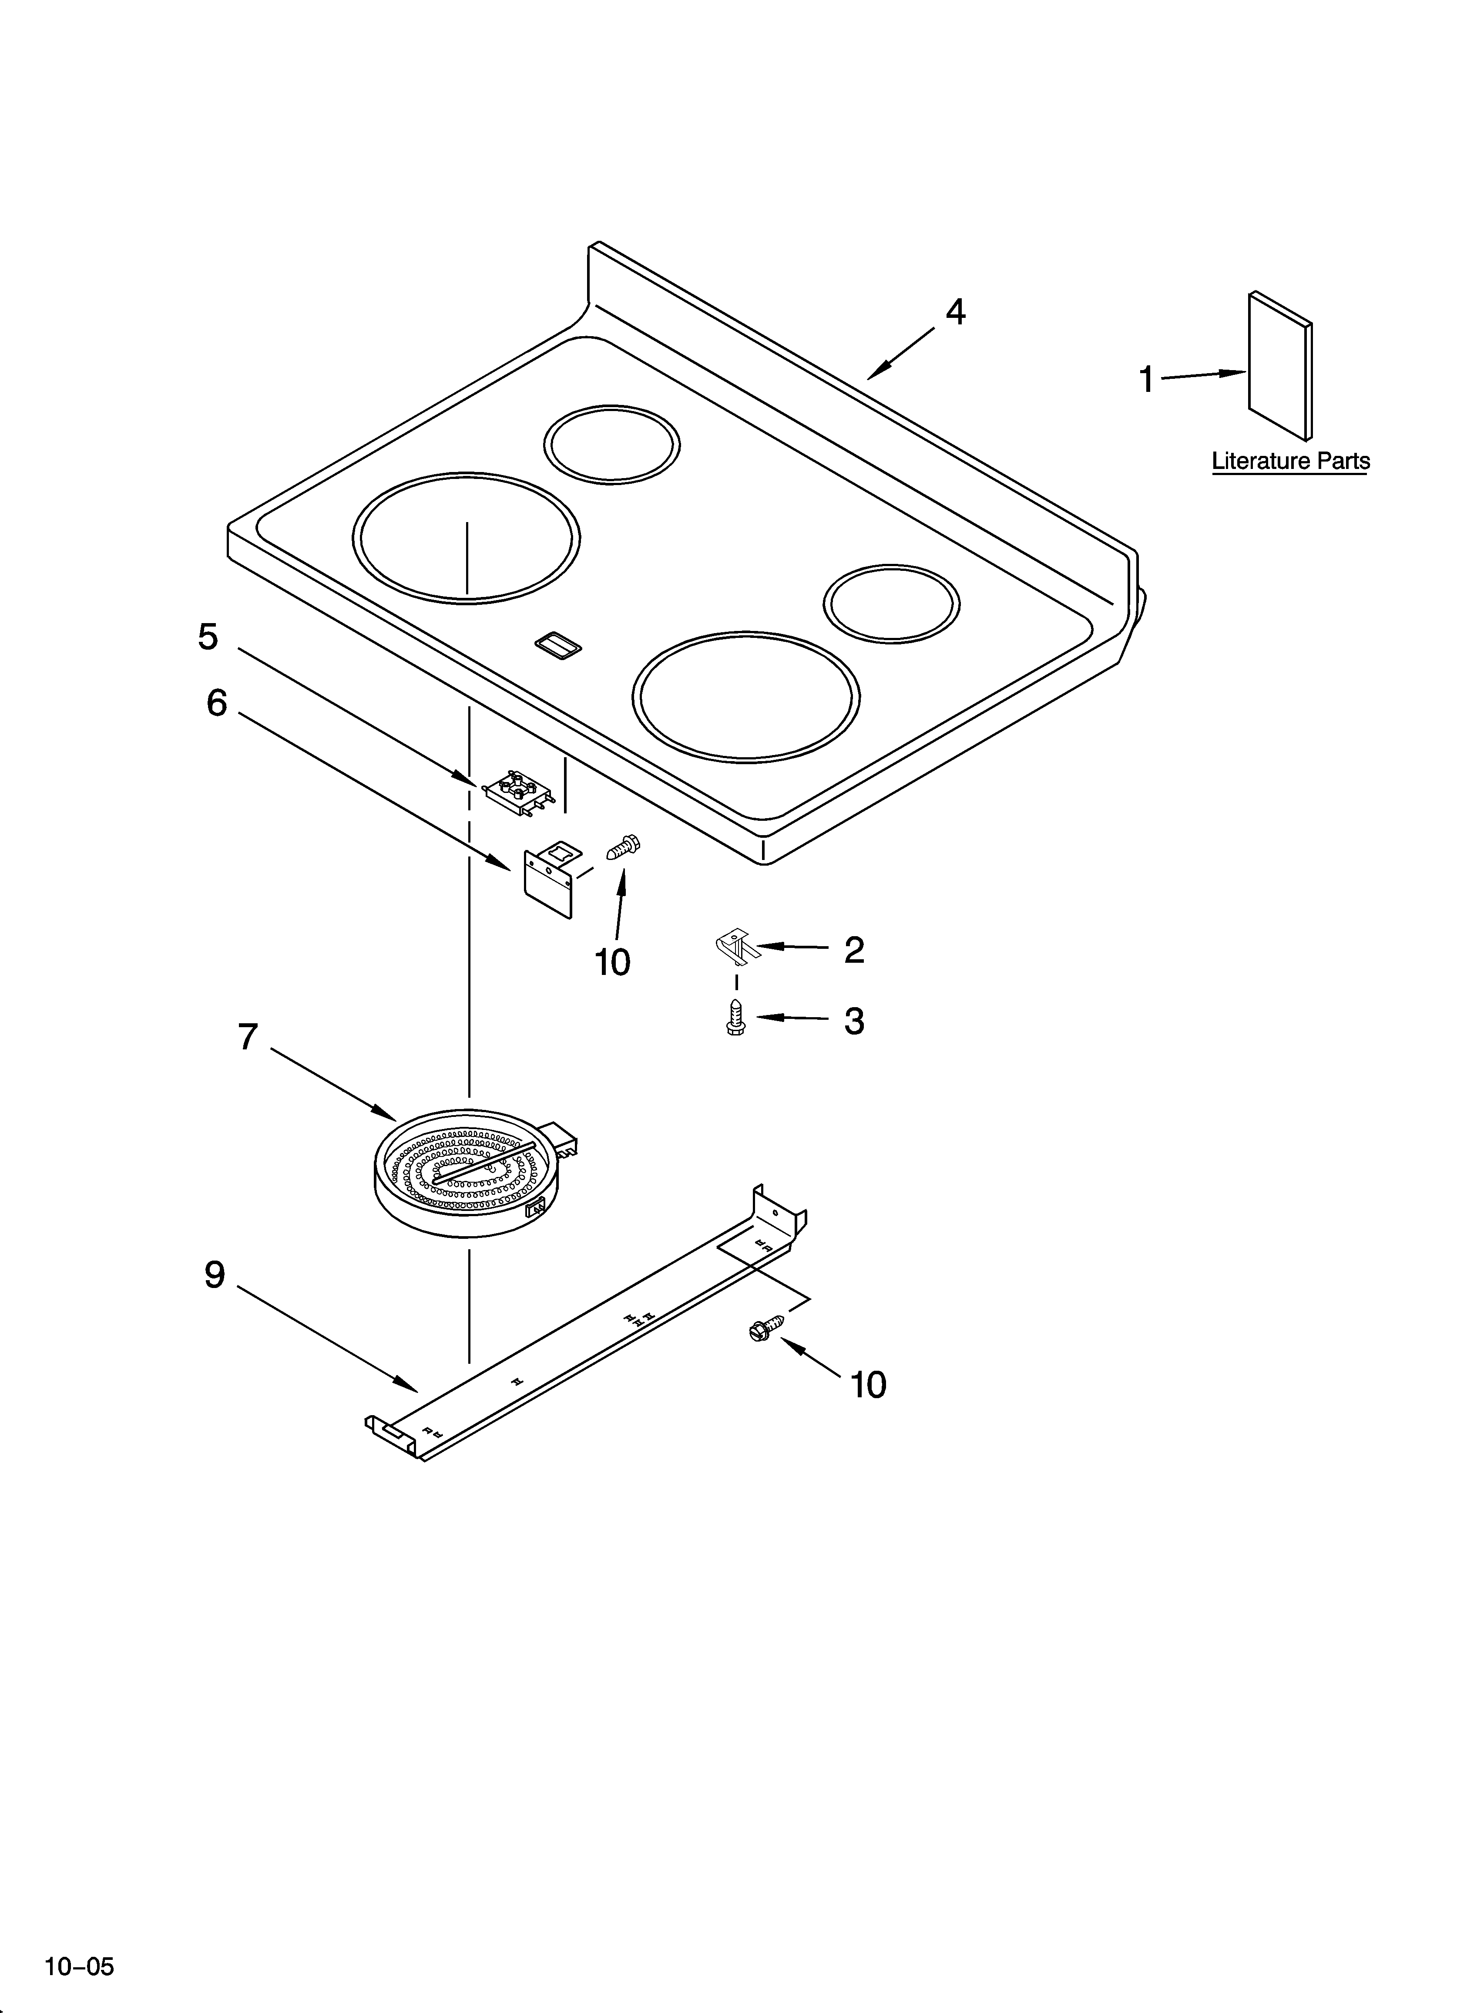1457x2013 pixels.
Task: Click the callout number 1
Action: (1146, 380)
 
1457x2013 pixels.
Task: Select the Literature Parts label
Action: (1290, 462)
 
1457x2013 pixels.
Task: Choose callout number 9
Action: (215, 1275)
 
